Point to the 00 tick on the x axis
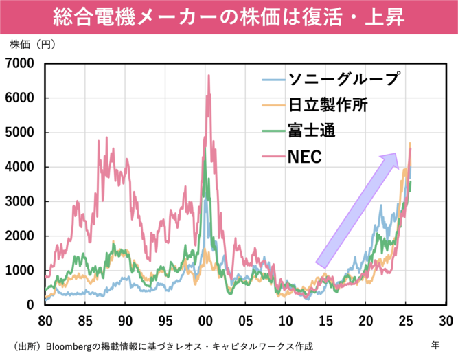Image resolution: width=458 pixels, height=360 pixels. point(205,320)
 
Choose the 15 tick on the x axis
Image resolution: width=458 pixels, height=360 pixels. point(325,320)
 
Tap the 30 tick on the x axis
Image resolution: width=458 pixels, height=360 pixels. point(445,320)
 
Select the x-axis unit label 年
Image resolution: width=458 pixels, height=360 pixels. point(435,343)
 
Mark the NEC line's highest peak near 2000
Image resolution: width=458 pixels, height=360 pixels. point(209,76)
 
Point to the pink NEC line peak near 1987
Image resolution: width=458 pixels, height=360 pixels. point(106,138)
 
